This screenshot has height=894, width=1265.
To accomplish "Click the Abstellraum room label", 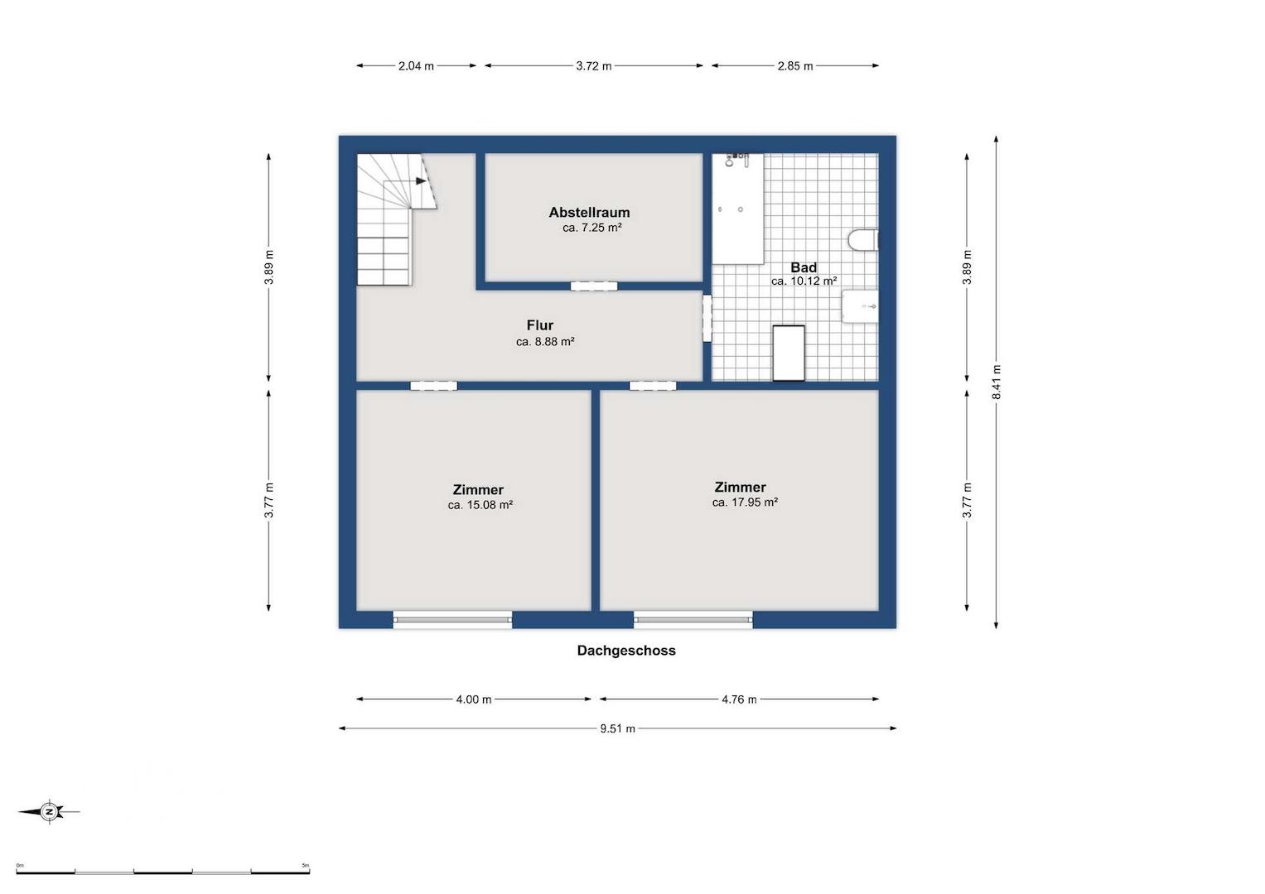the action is tap(589, 212).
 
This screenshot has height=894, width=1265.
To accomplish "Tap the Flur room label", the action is tap(540, 325).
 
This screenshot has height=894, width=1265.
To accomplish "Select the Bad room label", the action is tap(803, 267).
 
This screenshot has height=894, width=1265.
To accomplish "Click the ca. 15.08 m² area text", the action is tap(480, 505).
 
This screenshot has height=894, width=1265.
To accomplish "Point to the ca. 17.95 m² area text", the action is tap(745, 502).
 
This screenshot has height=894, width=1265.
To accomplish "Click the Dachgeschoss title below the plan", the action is tap(626, 650).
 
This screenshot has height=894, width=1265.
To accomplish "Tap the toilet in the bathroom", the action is tap(863, 240).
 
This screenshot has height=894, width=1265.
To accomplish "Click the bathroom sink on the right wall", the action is tap(860, 306).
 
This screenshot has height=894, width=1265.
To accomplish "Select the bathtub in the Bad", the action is tap(737, 209).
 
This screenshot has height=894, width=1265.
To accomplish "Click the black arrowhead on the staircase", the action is tap(421, 181).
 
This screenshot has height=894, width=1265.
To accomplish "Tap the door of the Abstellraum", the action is tap(594, 286).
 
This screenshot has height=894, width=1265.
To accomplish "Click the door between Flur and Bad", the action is tap(707, 319).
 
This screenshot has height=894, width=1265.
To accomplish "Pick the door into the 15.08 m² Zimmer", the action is tap(434, 386).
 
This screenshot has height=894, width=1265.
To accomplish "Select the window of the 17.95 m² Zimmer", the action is tap(693, 620).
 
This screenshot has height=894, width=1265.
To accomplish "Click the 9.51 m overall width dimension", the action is tap(617, 728).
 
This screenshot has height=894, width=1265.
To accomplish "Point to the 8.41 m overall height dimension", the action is tap(997, 382).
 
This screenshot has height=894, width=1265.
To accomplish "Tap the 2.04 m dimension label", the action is tap(416, 66).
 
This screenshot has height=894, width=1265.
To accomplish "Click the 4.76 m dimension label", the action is tap(739, 699).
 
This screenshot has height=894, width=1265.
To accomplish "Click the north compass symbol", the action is tap(49, 812).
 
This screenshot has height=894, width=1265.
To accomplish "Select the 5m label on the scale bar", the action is tap(306, 865).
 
